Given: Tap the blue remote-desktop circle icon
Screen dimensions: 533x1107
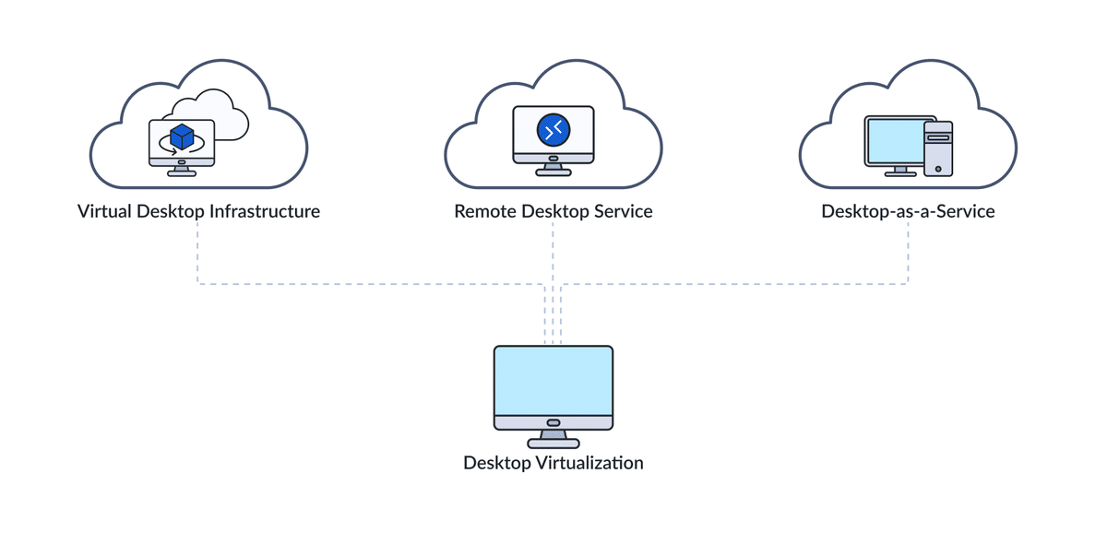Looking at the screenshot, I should click(x=553, y=130).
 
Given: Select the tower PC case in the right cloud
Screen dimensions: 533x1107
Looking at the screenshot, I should click(x=938, y=148).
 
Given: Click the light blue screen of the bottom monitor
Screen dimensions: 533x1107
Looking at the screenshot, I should click(x=553, y=381).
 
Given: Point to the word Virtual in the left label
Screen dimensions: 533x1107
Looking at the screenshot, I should click(x=104, y=211).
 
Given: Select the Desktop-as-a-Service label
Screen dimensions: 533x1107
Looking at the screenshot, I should click(x=908, y=211).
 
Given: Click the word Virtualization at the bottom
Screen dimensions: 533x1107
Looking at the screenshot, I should click(x=589, y=462).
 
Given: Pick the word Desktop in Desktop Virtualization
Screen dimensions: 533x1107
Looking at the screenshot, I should click(x=496, y=462).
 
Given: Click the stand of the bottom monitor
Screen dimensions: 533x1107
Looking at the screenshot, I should click(x=553, y=438).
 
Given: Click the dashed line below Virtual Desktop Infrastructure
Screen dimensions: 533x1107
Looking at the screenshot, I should click(x=198, y=254).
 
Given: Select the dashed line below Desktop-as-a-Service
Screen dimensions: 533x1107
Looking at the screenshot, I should click(x=908, y=254).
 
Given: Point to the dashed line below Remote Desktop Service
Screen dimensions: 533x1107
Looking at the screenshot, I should click(x=553, y=254).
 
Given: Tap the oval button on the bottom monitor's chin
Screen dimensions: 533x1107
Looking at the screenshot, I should click(x=553, y=422).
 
